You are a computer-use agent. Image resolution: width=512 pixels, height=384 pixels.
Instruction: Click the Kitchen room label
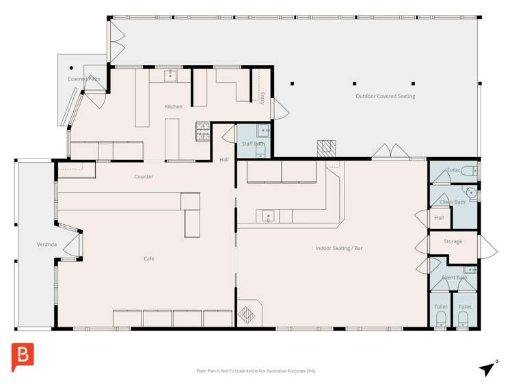[174, 107]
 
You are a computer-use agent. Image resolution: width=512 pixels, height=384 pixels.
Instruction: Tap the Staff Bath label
[252, 143]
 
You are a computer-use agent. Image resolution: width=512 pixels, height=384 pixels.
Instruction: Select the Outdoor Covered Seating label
[385, 96]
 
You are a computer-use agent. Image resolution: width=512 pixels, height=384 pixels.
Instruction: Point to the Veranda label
[46, 245]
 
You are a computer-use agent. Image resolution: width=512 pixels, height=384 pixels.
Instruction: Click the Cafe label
[148, 259]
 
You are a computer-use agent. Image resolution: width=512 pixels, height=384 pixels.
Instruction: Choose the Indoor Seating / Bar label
[339, 248]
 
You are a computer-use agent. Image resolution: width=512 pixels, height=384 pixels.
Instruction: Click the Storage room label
[453, 241]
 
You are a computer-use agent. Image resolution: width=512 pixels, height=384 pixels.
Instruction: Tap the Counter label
[144, 177]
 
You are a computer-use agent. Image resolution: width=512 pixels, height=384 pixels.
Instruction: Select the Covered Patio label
[83, 79]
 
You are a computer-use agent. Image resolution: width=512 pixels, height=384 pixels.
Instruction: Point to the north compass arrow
[487, 368]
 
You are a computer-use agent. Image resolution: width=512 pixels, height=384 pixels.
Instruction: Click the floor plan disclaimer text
[256, 371]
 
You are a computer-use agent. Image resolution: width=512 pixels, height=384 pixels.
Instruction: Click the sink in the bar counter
[268, 217]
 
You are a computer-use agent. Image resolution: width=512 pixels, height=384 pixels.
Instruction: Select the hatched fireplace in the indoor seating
[246, 316]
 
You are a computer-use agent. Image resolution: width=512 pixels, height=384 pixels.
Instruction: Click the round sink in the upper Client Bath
[471, 193]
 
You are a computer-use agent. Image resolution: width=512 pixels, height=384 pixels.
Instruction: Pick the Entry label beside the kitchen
[262, 98]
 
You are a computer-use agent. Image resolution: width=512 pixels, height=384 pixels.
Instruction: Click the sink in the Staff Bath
[262, 130]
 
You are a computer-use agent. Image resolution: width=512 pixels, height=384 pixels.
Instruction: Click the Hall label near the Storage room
[439, 218]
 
